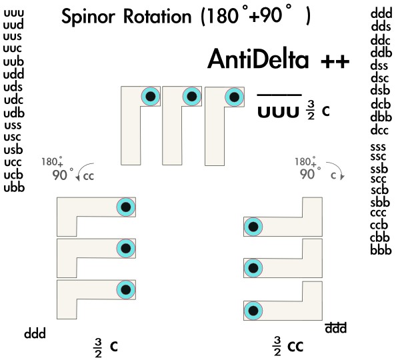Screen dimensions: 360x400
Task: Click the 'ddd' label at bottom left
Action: (36, 332)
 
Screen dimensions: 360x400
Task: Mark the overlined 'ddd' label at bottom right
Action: (335, 328)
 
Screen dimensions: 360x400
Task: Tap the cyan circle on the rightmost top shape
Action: (233, 97)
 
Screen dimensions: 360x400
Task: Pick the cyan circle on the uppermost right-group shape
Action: (253, 227)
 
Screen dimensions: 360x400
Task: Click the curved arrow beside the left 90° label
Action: (83, 173)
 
